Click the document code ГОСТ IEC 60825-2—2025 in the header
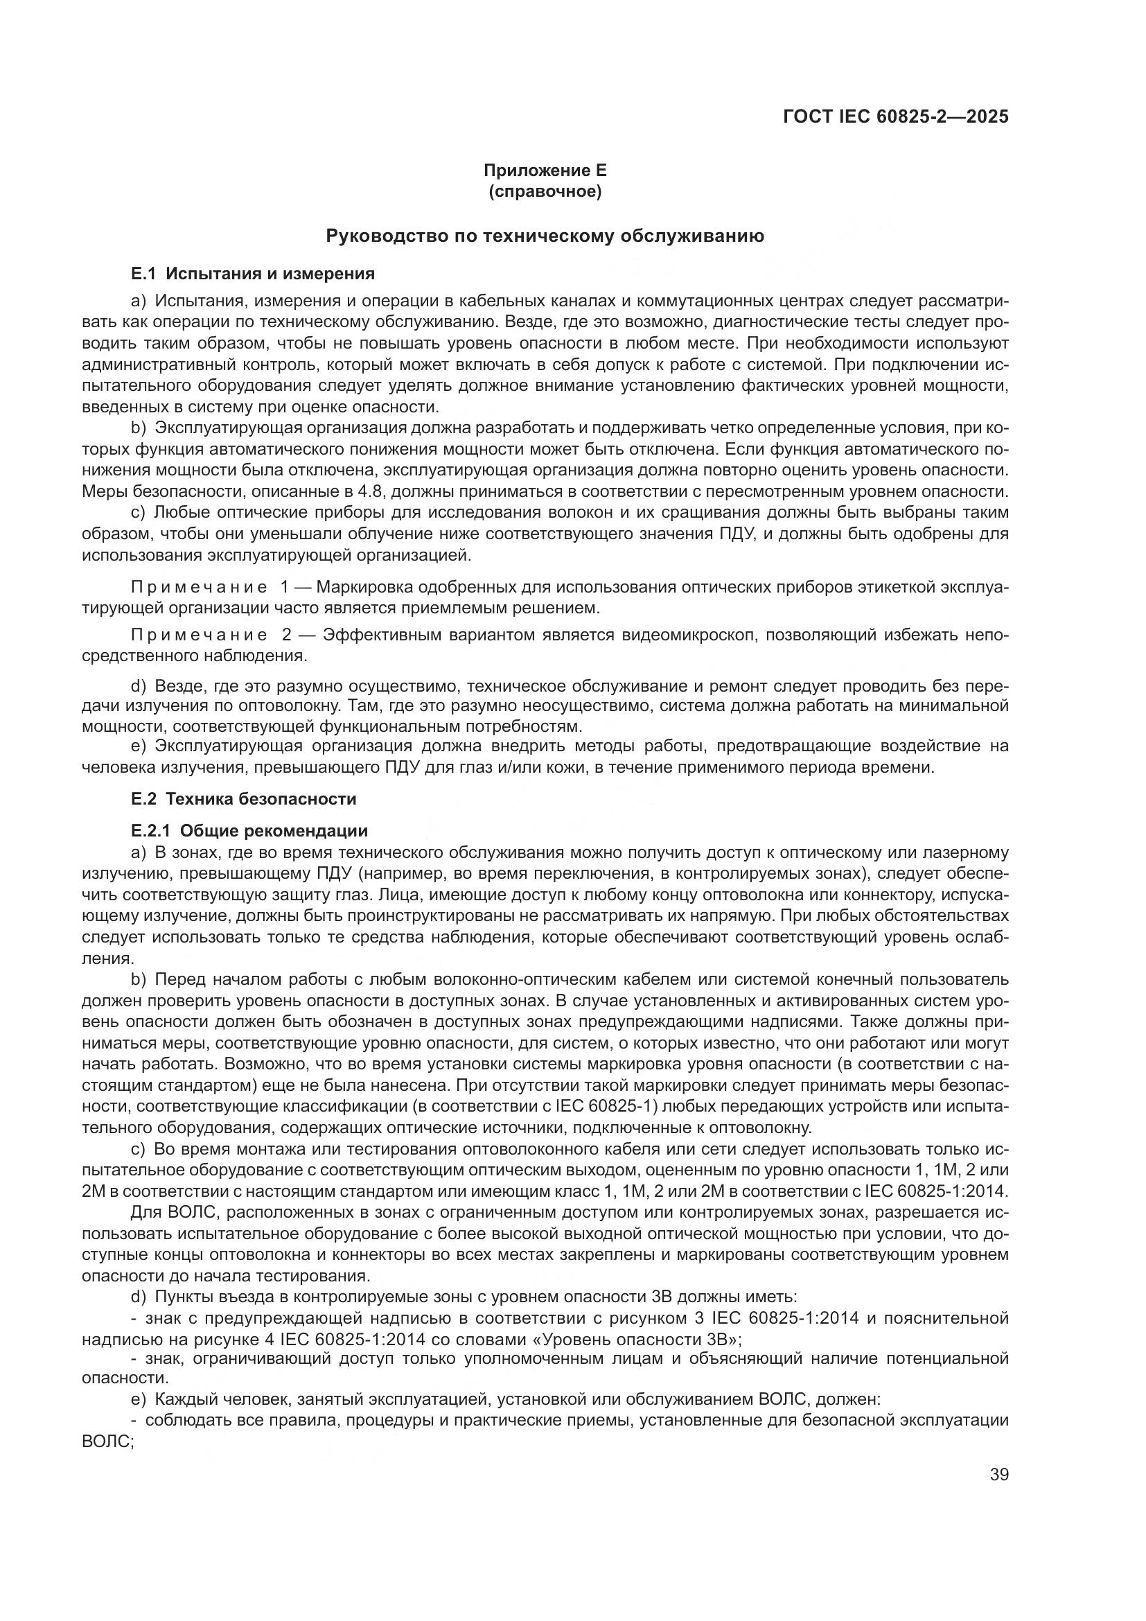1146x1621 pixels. point(895,116)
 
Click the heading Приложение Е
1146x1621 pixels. point(545,170)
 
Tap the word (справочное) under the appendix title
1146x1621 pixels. point(545,192)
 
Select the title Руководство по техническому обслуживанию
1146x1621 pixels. point(545,236)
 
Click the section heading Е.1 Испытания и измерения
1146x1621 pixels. point(253,273)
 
